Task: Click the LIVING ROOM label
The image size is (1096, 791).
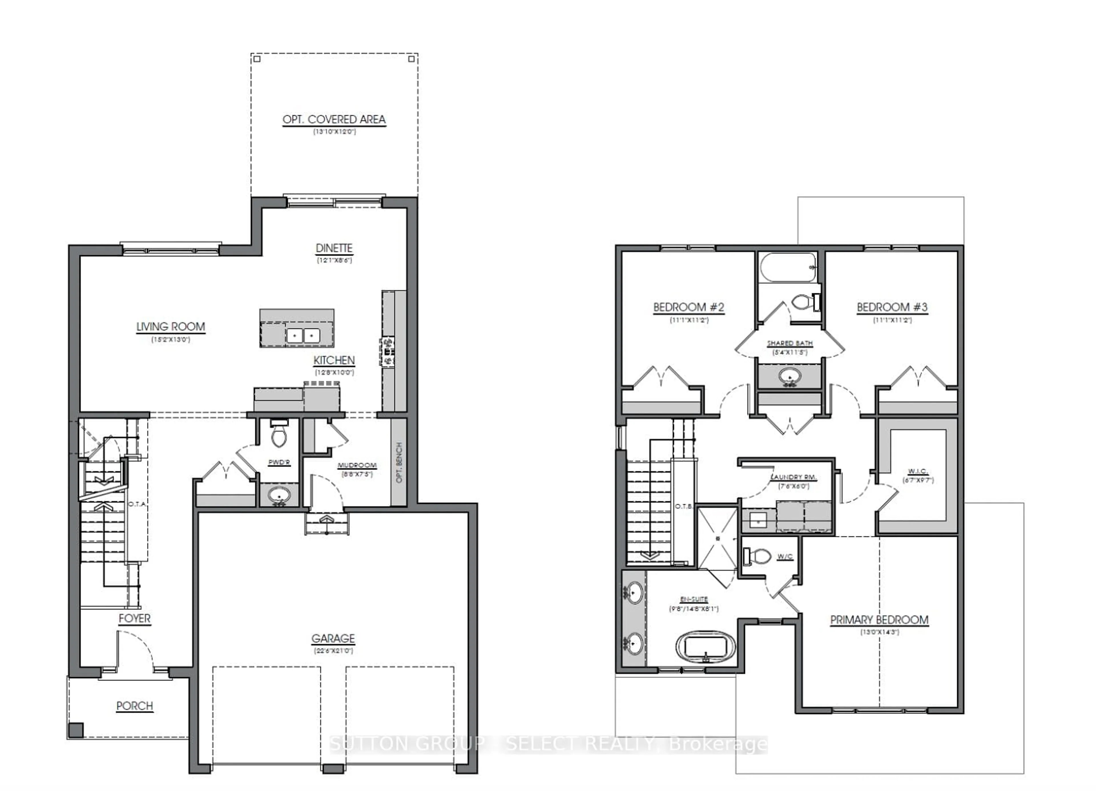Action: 171,327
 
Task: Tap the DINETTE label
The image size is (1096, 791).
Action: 334,248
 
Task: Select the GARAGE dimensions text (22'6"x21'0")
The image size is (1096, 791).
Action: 333,651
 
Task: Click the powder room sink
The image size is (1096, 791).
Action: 279,495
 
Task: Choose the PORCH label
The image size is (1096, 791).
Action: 134,706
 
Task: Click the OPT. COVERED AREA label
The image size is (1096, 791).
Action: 334,119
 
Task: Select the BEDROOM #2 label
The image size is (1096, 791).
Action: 689,307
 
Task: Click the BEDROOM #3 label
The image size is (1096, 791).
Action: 892,307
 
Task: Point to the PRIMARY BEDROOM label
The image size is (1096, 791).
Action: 879,620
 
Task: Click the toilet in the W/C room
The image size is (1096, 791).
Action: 758,556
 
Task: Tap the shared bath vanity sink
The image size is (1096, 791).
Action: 790,376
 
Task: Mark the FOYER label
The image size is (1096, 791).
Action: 134,618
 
